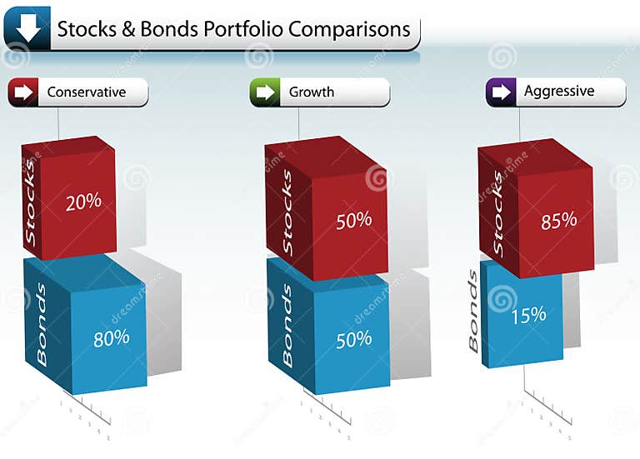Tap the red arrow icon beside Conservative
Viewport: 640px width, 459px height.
pos(23,92)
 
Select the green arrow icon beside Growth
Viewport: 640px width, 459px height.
pos(265,92)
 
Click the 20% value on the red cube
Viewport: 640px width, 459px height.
pos(83,201)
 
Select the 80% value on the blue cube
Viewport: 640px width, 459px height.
pos(112,337)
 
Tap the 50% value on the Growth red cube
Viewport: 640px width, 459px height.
pos(353,221)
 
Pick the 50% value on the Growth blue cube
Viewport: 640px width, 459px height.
pos(353,340)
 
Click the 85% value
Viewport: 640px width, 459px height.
pos(558,220)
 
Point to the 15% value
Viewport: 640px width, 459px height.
pos(528,314)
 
